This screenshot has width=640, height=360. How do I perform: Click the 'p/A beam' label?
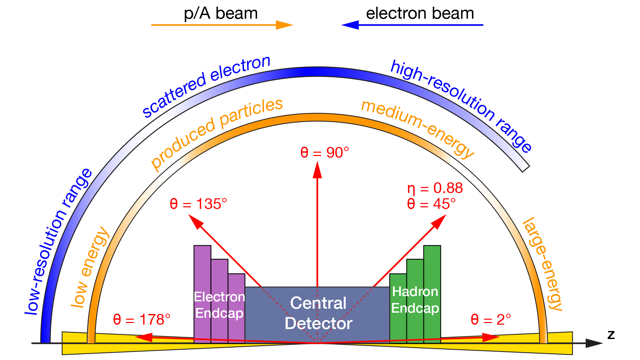pyautogui.click(x=221, y=14)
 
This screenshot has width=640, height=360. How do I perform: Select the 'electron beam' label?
pyautogui.click(x=420, y=14)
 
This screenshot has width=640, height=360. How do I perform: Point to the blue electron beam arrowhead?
pyautogui.click(x=350, y=25)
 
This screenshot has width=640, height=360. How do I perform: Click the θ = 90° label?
pyautogui.click(x=324, y=153)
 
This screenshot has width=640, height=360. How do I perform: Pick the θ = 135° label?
pyautogui.click(x=198, y=204)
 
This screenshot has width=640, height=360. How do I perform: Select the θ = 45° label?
pyautogui.click(x=431, y=204)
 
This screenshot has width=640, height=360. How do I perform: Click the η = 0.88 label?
pyautogui.click(x=435, y=188)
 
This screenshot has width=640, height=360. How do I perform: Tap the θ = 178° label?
pyautogui.click(x=142, y=320)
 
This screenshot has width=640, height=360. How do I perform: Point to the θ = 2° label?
pyautogui.click(x=491, y=320)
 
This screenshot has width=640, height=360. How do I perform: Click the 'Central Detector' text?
pyautogui.click(x=318, y=313)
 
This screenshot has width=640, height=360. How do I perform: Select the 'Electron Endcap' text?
pyautogui.click(x=219, y=305)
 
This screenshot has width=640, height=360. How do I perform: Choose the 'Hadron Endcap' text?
pyautogui.click(x=415, y=300)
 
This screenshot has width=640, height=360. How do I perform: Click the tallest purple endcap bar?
pyautogui.click(x=202, y=267)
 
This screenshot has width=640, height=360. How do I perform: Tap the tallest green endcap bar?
pyautogui.click(x=432, y=267)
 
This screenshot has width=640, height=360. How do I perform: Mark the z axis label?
pyautogui.click(x=611, y=334)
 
